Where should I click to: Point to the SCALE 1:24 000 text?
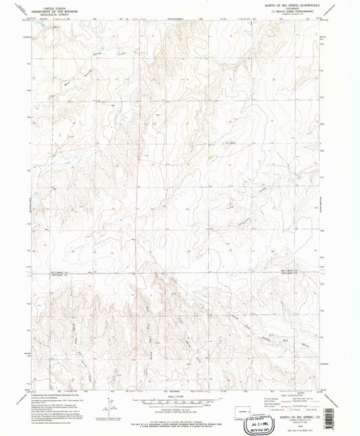tap(180, 388)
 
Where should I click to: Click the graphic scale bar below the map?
tap(180, 394)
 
